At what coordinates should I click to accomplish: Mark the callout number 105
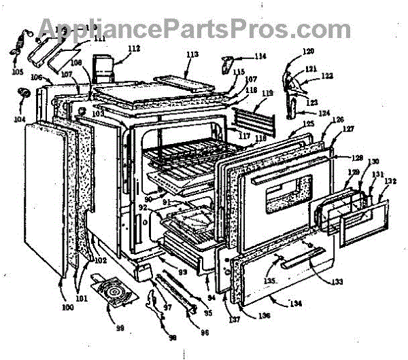17,71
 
